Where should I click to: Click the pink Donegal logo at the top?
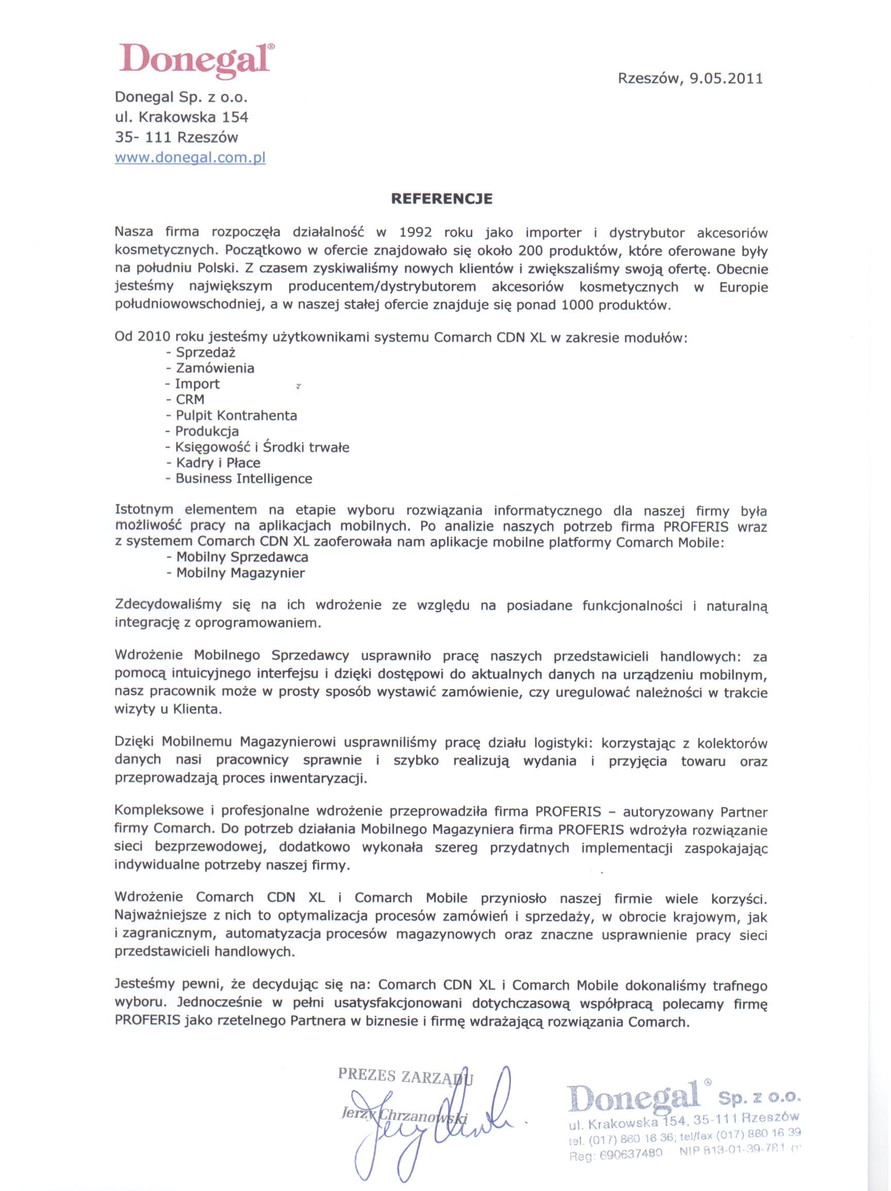click(194, 59)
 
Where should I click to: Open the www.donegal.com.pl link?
click(190, 158)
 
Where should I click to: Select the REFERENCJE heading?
click(441, 199)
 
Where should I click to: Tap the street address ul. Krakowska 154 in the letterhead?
click(181, 117)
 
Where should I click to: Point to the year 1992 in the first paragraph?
click(415, 233)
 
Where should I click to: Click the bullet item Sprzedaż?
click(206, 352)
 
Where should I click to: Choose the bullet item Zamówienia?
click(214, 368)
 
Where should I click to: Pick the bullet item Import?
click(197, 384)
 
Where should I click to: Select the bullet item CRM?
click(190, 399)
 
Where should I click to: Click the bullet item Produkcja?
click(207, 431)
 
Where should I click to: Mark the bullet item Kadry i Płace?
click(218, 463)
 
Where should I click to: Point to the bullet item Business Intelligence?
click(243, 479)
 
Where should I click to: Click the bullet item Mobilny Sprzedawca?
click(242, 557)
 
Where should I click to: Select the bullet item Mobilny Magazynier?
click(240, 573)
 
